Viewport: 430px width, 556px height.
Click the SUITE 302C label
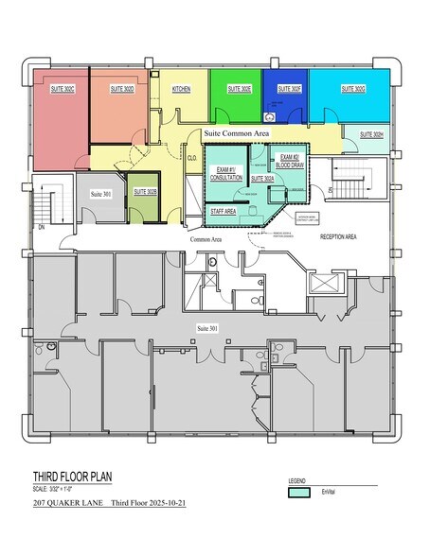pos(63,88)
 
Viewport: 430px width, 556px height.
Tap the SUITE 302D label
pos(122,88)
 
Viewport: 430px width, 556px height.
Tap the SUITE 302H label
pos(371,135)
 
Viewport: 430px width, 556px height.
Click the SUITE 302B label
pos(145,192)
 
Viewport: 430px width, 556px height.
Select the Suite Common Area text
pos(237,136)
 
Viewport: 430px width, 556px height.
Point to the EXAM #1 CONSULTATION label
pos(225,172)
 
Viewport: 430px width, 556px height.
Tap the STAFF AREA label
pos(224,212)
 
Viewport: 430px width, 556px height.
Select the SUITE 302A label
pos(263,178)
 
